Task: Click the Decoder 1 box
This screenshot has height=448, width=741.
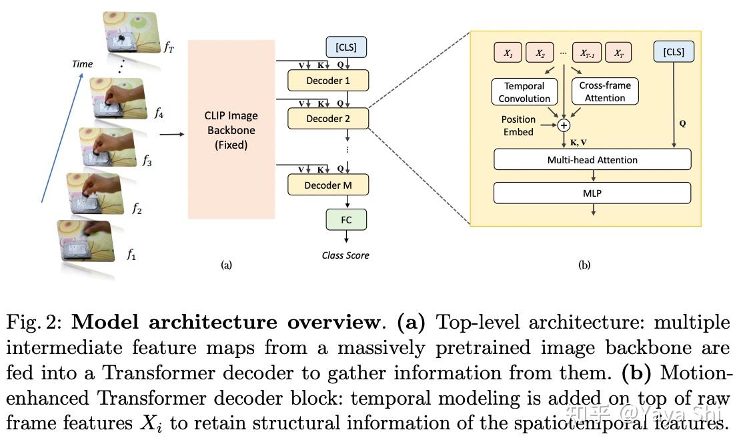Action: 327,81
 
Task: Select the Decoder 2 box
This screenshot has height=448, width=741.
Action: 327,119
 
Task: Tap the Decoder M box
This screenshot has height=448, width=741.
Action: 327,185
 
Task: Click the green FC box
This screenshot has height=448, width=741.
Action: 345,220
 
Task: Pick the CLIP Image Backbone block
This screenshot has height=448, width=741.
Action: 231,129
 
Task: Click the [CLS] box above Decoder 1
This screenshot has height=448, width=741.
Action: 345,47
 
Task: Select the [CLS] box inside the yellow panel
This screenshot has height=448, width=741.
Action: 674,52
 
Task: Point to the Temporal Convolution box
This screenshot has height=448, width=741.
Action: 524,92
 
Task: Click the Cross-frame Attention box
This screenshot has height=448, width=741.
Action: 605,92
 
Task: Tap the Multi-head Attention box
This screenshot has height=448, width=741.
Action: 592,160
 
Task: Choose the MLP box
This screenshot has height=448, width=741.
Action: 592,193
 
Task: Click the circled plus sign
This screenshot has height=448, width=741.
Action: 564,125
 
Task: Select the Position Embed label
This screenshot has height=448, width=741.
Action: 518,125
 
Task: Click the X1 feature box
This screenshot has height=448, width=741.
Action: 508,53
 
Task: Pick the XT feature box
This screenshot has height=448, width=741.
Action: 619,53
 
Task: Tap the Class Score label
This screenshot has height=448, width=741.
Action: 345,255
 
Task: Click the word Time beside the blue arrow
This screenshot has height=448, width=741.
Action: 82,64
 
